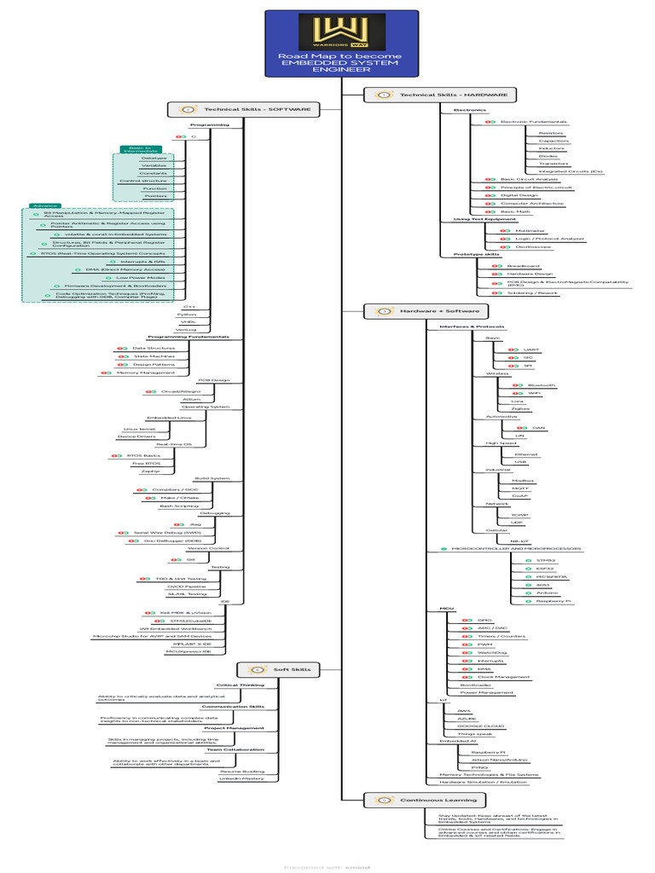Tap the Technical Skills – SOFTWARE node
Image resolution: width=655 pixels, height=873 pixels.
(x=246, y=109)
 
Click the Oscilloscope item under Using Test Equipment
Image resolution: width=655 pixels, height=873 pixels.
(x=531, y=247)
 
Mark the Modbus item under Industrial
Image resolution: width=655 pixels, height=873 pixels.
(x=511, y=481)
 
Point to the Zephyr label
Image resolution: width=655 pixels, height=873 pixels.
(x=151, y=471)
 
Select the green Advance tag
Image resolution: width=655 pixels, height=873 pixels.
(x=40, y=205)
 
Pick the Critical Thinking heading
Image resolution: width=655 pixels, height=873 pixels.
(x=240, y=685)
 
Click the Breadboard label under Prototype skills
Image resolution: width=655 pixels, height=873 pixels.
(x=519, y=266)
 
